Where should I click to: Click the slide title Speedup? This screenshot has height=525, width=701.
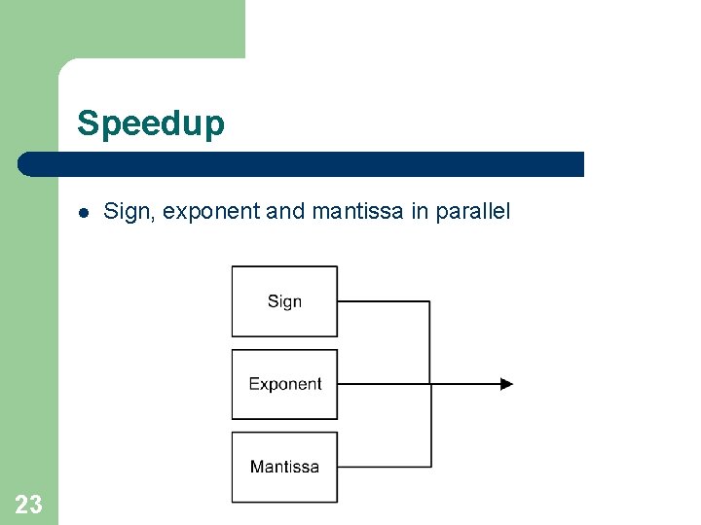click(151, 123)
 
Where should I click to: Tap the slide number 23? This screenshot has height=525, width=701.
click(29, 504)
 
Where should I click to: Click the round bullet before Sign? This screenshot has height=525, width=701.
click(84, 212)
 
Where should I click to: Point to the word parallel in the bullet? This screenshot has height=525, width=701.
click(472, 211)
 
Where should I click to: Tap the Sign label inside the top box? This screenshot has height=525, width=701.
click(284, 301)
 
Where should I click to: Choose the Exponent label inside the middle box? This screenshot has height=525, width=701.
click(284, 384)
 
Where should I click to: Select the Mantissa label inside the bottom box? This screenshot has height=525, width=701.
click(284, 467)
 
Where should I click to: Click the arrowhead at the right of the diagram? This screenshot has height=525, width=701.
click(506, 384)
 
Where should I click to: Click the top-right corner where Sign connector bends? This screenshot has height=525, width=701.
click(430, 301)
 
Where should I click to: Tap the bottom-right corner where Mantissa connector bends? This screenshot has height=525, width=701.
click(430, 467)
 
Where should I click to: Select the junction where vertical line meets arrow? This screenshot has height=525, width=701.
click(430, 384)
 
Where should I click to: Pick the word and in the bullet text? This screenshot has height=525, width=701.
click(285, 211)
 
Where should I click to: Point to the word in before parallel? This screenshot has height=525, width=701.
click(420, 211)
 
